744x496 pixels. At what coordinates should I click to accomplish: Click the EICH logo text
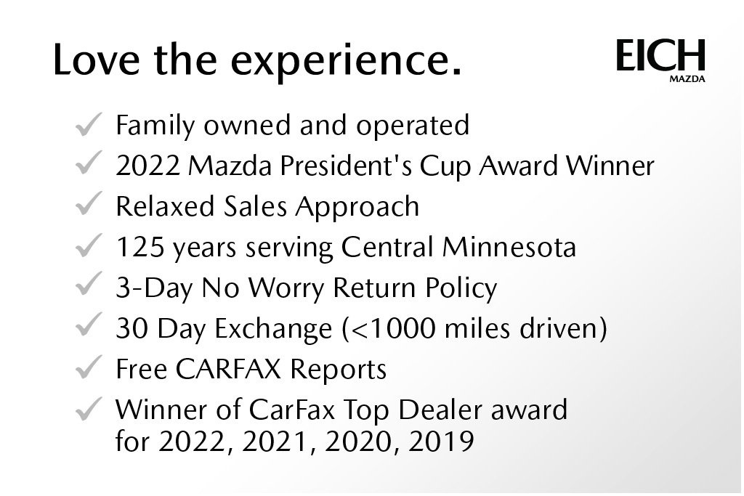click(x=660, y=56)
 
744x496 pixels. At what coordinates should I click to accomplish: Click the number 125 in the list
click(x=140, y=248)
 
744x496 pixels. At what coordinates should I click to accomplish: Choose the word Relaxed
click(x=163, y=208)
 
